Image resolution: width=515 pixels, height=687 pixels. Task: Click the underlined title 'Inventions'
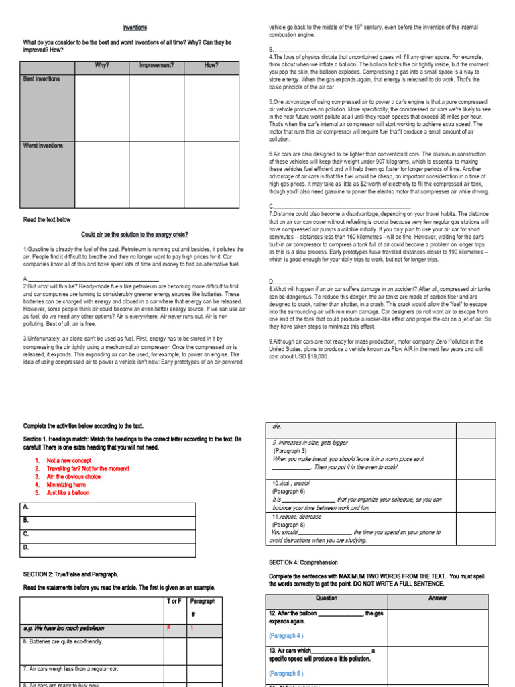(134, 28)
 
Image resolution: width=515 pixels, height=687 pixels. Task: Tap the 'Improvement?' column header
(156, 65)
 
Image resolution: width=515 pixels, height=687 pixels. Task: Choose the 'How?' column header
(211, 65)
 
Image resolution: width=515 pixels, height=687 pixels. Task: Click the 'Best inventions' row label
(42, 78)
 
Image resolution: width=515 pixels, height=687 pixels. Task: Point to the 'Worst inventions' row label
(43, 146)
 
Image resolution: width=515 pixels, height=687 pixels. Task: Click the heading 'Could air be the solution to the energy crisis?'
(135, 235)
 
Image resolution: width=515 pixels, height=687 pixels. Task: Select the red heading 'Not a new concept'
(68, 460)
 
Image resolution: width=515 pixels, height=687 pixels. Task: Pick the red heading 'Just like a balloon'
(68, 492)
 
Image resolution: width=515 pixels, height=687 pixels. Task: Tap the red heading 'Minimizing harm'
(68, 484)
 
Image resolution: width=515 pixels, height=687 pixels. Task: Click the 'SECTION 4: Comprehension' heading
(303, 562)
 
